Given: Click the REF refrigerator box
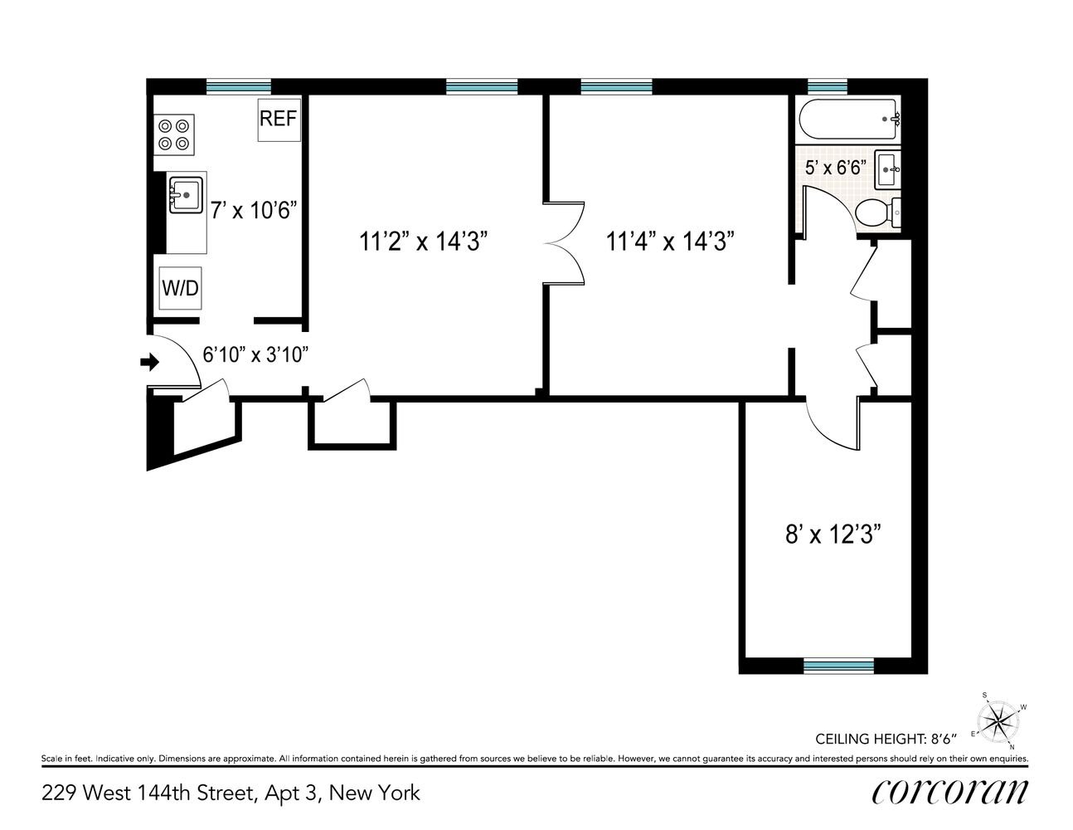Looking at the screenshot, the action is tap(279, 120).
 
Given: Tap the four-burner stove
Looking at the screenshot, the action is tap(174, 134).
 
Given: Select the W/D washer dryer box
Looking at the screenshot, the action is tap(180, 288).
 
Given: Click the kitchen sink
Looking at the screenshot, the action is tap(186, 195).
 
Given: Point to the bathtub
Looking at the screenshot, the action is tap(848, 120).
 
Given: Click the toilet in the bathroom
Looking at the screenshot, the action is tap(877, 213).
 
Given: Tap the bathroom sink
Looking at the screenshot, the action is tap(888, 170).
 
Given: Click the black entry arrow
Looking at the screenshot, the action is tap(149, 362).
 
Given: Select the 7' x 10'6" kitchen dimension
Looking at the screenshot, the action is tap(254, 211).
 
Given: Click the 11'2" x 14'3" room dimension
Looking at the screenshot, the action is tap(423, 242).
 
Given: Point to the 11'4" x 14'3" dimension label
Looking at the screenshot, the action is tap(670, 242).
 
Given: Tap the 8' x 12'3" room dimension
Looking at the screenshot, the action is tap(833, 535).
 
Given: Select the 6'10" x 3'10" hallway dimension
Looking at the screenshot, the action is tap(255, 354).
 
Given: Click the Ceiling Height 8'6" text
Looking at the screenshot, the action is tap(886, 739).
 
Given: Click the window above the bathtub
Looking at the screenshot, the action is tap(828, 86).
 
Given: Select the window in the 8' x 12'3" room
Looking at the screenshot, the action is tap(838, 666).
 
